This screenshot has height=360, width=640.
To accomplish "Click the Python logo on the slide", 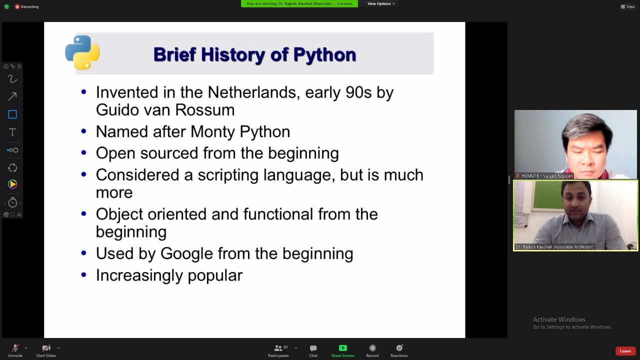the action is (82, 52).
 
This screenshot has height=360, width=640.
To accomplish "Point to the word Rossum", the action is (205, 110).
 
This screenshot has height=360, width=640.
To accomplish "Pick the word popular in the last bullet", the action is (215, 275).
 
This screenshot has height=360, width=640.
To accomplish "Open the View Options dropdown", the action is (381, 3).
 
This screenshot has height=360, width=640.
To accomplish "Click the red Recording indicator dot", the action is (17, 6).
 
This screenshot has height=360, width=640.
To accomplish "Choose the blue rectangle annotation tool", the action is (12, 114).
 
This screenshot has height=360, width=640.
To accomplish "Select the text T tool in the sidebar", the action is (12, 132).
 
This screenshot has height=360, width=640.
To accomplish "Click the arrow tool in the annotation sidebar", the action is (12, 96).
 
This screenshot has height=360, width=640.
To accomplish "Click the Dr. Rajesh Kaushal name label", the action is (554, 247).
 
